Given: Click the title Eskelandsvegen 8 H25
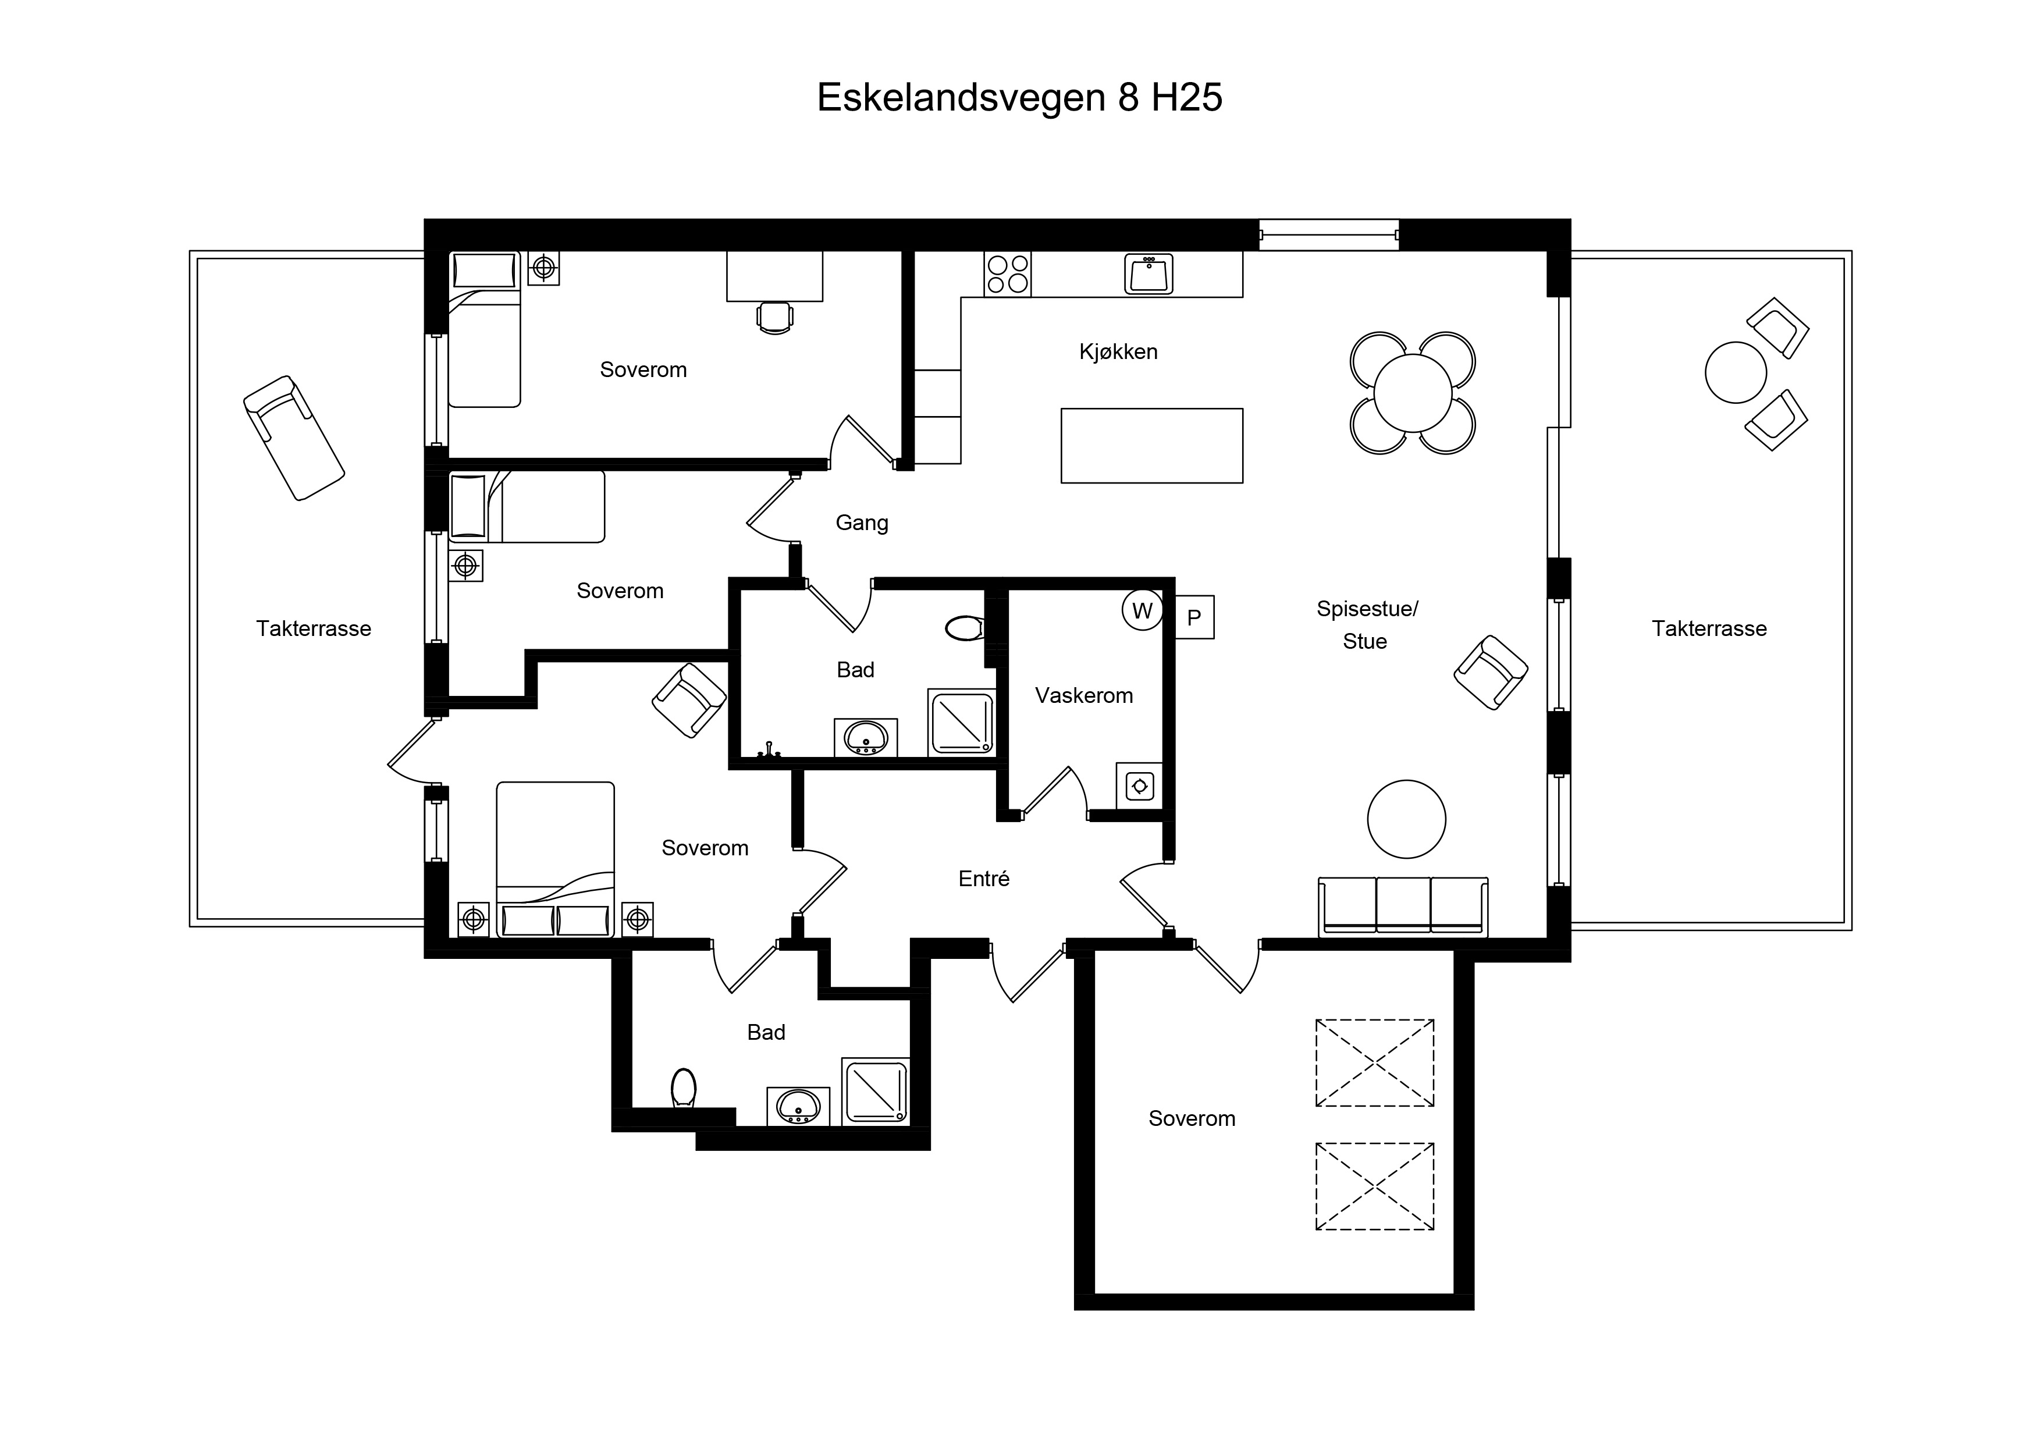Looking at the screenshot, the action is tap(1019, 98).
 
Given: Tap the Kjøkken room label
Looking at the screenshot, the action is tap(1118, 352).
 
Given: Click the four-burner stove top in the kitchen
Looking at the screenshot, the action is tap(1007, 274).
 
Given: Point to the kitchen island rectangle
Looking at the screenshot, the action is tap(1152, 446).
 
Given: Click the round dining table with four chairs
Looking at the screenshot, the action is tap(1413, 393).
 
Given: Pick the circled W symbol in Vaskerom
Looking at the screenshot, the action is tap(1142, 611).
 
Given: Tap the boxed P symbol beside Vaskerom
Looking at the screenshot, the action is tap(1194, 617).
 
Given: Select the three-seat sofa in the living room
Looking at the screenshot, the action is tap(1403, 907).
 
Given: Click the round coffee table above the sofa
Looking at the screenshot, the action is tap(1406, 819).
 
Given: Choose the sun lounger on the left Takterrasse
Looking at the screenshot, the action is tap(294, 438).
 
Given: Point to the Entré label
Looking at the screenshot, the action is tap(984, 879).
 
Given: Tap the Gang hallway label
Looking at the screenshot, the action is tap(862, 523).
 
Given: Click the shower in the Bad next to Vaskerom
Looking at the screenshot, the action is tap(962, 722).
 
